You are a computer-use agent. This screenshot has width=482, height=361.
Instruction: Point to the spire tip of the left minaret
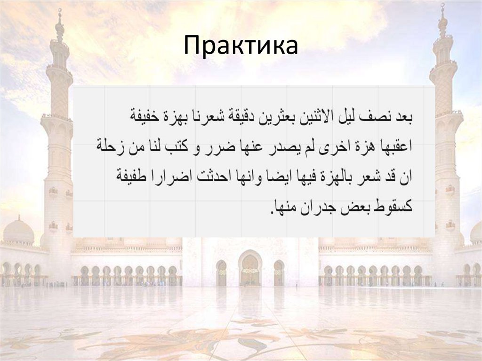pyautogui.click(x=59, y=10)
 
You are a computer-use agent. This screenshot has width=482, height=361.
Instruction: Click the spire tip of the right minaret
pyautogui.click(x=442, y=6)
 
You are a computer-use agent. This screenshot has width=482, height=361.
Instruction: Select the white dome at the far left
pyautogui.click(x=18, y=231)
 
